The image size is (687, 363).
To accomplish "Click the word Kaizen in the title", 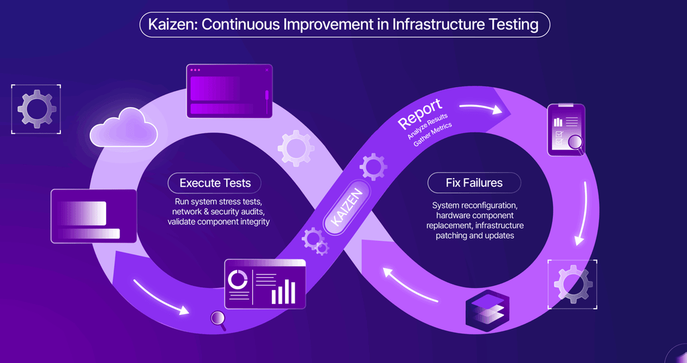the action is pos(171,25).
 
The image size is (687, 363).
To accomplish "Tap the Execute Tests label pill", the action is pos(215,183).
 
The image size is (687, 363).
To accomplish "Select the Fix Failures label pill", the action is pos(474,183).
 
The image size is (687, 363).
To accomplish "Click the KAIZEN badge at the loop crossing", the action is pos(347,207).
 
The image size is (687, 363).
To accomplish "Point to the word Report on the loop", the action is pos(420,114).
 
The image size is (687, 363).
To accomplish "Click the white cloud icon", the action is pos(123,127).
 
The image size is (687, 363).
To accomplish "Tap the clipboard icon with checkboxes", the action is pos(566,129).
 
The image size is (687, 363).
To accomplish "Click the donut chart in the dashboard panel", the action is pos(238,279).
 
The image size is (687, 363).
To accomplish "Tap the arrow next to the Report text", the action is pos(481,108).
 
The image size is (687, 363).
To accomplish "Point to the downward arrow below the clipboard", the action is pos(583,214).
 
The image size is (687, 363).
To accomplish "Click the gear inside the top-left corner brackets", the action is pos(36,109).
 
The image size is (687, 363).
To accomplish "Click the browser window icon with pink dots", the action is pos(229,91).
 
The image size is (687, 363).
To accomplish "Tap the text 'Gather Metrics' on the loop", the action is pos(433,135).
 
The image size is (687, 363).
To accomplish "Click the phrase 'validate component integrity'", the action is pos(219,222).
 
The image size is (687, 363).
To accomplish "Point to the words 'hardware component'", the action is pos(475,216).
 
